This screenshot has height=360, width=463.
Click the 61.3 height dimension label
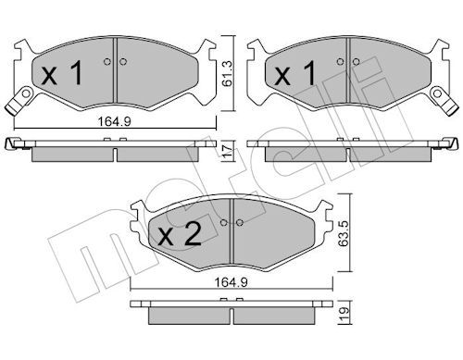[x=228, y=73]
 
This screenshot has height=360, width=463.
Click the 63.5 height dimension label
[x=344, y=233]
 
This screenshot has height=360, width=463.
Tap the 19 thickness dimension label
[x=344, y=314]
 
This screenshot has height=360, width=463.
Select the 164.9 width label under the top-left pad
[x=115, y=121]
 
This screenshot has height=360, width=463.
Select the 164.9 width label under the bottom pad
[x=231, y=282]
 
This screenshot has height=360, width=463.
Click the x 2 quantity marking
[x=180, y=234]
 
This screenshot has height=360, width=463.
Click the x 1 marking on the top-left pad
[x=62, y=73]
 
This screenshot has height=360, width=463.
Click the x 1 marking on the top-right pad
[x=295, y=73]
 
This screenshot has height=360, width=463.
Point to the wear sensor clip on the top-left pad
[x=19, y=101]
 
